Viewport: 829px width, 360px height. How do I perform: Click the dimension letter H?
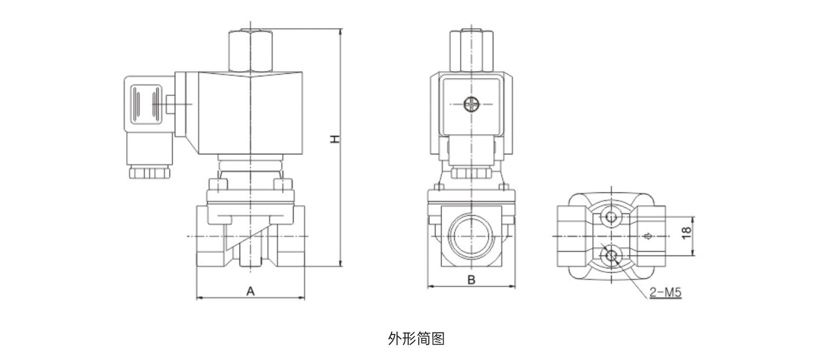[x=334, y=139]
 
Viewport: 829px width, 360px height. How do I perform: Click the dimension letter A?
[x=251, y=291]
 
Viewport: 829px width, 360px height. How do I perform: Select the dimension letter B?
[x=471, y=279]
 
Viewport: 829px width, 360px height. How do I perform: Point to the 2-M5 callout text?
[x=665, y=292]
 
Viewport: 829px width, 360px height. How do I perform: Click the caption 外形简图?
[x=416, y=338]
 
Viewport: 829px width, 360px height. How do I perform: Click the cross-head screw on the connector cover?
[x=471, y=104]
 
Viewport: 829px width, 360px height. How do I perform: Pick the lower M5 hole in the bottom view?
[x=611, y=256]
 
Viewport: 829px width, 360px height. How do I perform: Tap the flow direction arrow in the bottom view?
[x=647, y=236]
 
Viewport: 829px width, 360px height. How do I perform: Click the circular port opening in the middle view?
[x=471, y=235]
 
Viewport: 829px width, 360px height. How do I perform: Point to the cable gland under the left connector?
[x=149, y=172]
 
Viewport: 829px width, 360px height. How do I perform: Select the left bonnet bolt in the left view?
[x=218, y=185]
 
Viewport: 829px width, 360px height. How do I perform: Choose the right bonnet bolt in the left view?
[x=281, y=185]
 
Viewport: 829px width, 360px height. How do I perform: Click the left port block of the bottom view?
[x=571, y=236]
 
